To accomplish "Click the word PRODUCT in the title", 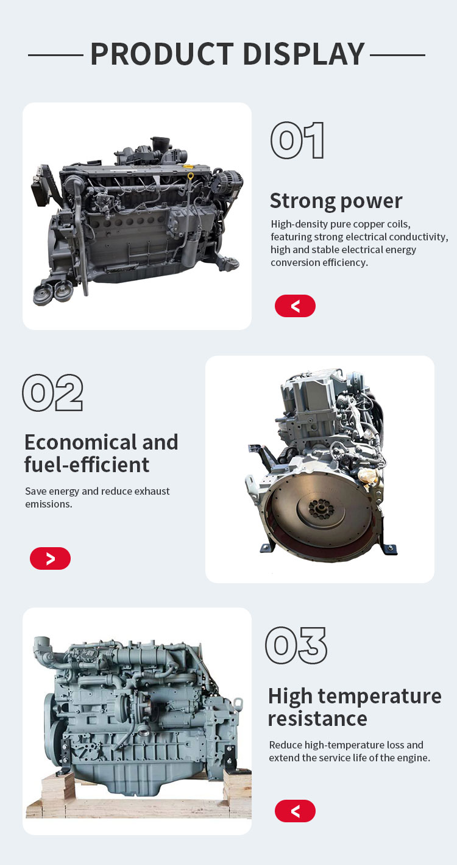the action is pos(162,54).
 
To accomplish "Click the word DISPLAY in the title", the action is pos(304,54).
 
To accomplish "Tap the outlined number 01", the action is pos(297,140).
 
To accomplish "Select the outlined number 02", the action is pos(53,392).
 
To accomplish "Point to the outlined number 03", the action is pos(296,645).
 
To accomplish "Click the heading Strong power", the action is pos(336,201).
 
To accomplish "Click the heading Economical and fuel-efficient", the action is pos(101,453).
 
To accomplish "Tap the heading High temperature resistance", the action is pos(355,706).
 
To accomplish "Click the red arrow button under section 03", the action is pos(295,811).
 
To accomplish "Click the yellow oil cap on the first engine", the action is pos(188,167).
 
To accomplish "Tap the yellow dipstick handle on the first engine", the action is pos(191,176).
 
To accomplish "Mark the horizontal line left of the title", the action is pos(55,56).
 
